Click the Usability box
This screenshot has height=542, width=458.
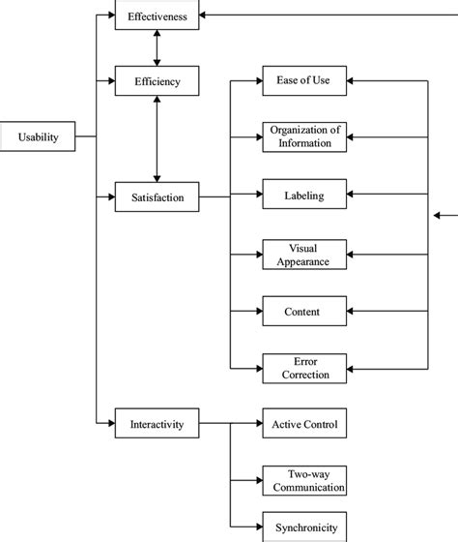point(39,136)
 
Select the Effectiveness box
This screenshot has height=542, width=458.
point(157,15)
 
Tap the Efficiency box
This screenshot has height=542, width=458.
point(157,80)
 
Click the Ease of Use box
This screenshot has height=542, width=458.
point(303,80)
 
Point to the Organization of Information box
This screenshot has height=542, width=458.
point(303,136)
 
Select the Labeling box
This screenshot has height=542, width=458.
point(303,196)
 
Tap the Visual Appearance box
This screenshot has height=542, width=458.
point(303,254)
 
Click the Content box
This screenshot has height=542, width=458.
point(303,312)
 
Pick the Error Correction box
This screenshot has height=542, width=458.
point(303,368)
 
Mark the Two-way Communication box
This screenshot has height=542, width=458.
point(303,480)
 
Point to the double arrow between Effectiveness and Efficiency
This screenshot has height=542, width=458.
point(157,47)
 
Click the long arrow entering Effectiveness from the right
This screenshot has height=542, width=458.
point(329,15)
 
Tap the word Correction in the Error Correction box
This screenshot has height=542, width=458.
point(303,375)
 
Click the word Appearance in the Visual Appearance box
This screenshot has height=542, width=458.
point(303,260)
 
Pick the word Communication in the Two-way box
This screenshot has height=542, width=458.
point(303,487)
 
